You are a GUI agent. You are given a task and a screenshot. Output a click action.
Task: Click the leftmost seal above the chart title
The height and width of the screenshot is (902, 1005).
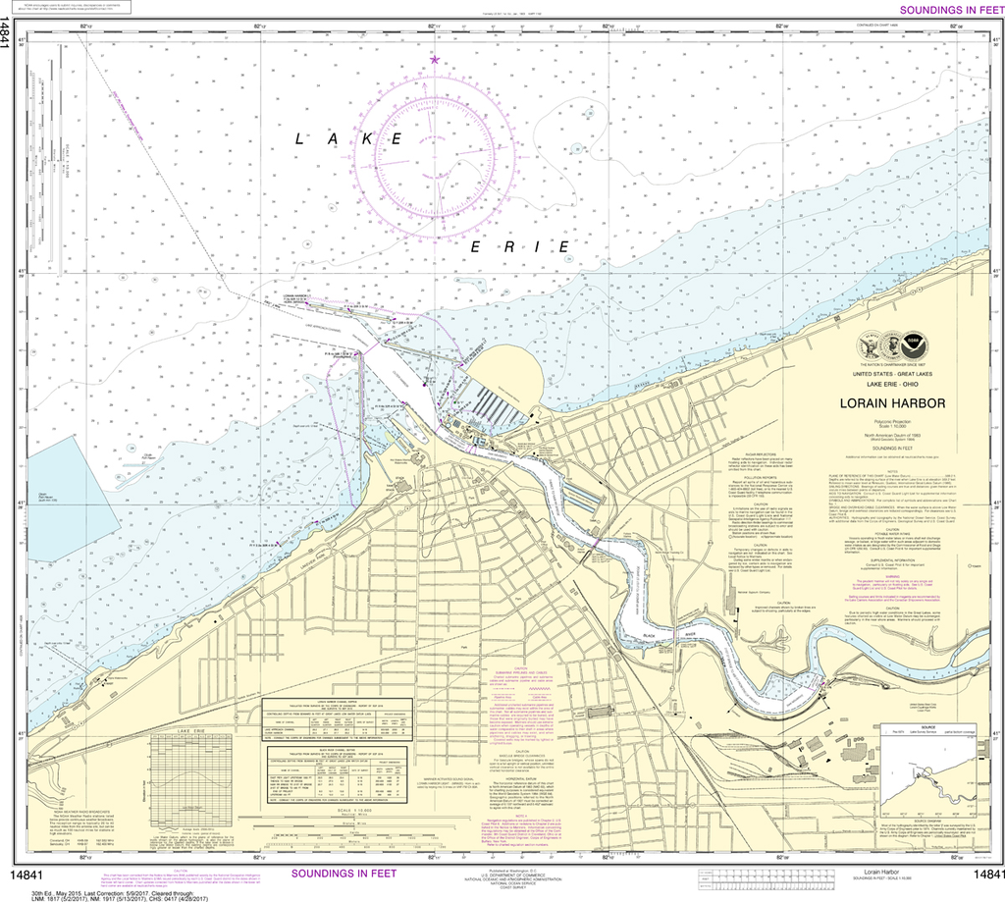point(870,345)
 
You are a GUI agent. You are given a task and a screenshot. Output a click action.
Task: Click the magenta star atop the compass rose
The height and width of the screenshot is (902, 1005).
point(435,61)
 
